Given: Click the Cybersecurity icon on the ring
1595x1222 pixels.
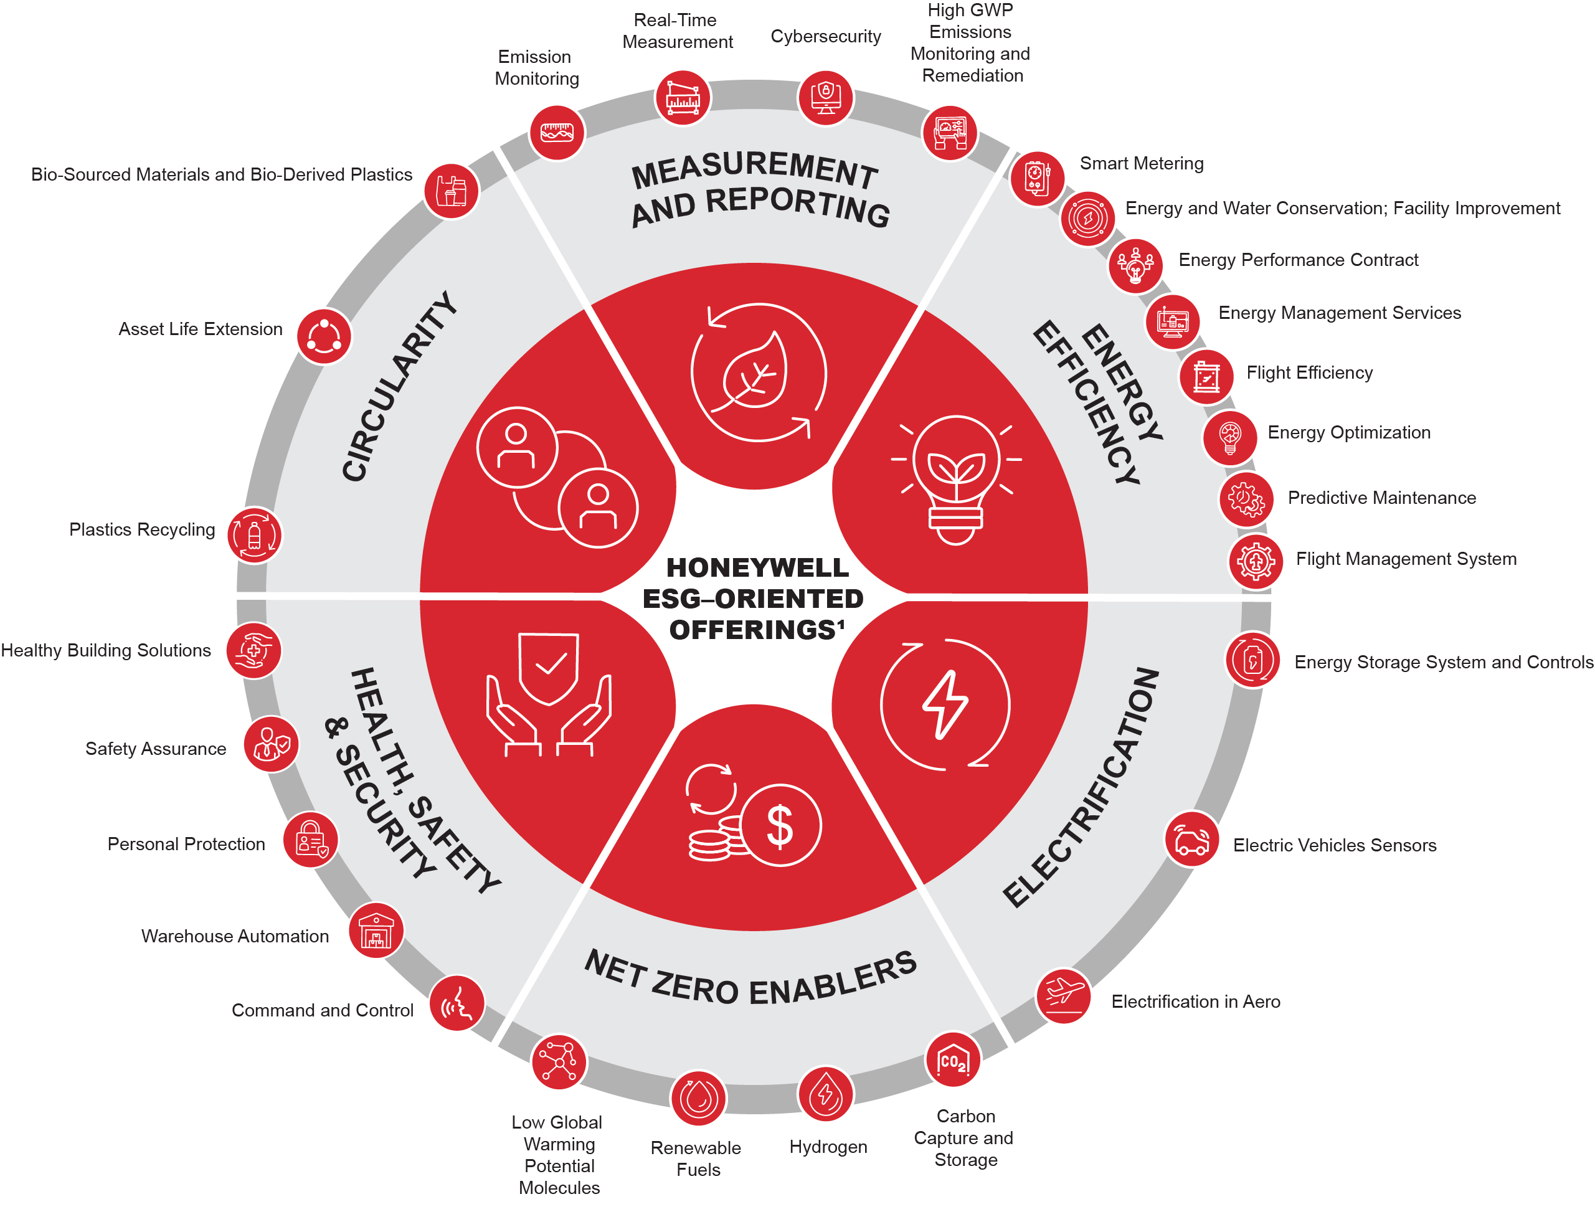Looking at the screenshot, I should click(x=825, y=97).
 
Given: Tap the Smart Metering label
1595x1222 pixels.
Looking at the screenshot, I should click(x=1140, y=164).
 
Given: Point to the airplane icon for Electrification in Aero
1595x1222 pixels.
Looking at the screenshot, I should click(x=1063, y=995).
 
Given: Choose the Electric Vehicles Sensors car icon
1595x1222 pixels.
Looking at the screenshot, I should click(x=1191, y=839).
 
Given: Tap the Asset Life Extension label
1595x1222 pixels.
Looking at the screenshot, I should click(x=200, y=329).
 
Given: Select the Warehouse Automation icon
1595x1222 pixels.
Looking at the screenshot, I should click(x=376, y=931).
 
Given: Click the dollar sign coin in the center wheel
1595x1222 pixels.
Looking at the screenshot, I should click(x=780, y=826).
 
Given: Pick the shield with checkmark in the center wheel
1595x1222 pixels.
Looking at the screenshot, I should click(x=549, y=667).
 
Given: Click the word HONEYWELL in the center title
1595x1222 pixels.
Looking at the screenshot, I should click(x=757, y=567).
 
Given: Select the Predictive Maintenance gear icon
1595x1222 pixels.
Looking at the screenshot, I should click(x=1245, y=499).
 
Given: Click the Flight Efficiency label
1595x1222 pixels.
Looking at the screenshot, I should click(x=1309, y=373).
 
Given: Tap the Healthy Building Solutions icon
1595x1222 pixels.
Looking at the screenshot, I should click(x=253, y=650).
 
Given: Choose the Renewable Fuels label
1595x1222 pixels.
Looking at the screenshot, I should click(x=696, y=1158).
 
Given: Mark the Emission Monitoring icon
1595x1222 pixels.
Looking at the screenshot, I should click(x=556, y=133).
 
